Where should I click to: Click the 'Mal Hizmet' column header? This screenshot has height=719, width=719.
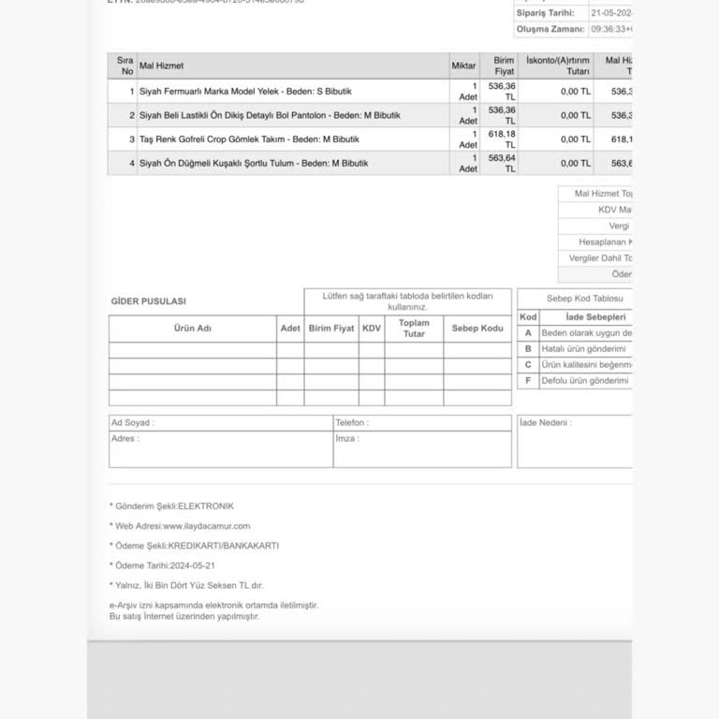click(x=161, y=66)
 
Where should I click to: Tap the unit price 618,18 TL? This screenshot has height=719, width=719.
click(x=503, y=139)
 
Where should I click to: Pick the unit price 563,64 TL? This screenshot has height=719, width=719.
click(x=503, y=163)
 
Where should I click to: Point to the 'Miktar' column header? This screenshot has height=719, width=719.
click(x=463, y=66)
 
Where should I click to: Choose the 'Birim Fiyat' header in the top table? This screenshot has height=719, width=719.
click(x=505, y=66)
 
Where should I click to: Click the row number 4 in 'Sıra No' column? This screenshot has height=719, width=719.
click(x=132, y=163)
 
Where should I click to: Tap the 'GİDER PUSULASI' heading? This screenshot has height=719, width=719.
click(x=149, y=301)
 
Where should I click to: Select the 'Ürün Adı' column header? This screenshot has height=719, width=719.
click(x=192, y=329)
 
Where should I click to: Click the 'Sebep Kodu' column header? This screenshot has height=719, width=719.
click(x=477, y=329)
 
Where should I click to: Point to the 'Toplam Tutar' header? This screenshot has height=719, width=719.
click(x=414, y=329)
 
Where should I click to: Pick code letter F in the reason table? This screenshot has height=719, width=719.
click(x=528, y=381)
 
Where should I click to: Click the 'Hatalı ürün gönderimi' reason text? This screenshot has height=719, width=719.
click(x=583, y=349)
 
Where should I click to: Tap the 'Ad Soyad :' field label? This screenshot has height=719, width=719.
click(x=133, y=423)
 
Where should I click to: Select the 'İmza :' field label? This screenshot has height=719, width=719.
click(x=347, y=438)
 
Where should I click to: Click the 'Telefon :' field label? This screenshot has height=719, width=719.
click(x=352, y=423)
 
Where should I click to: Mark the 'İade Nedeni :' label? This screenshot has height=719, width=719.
click(x=546, y=423)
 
